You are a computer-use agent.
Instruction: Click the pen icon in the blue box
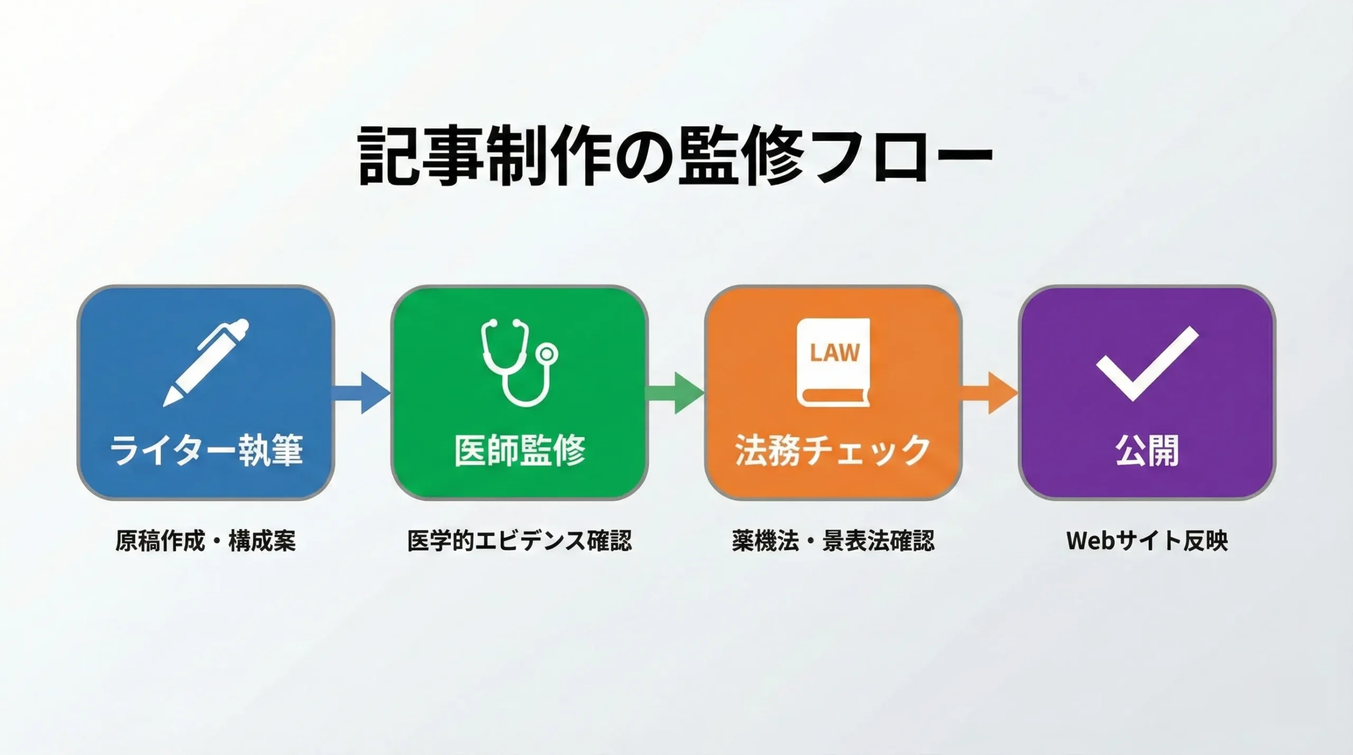pos(206,362)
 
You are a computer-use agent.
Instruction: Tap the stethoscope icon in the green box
pos(519,362)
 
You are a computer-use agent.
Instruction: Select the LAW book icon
pos(833,362)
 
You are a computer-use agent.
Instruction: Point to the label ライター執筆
pos(206,450)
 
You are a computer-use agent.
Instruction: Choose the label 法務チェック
pos(833,450)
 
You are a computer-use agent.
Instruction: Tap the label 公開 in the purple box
pos(1147,450)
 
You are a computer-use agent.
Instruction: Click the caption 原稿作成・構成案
pos(206,540)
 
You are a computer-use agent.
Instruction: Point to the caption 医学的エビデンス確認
pos(520,540)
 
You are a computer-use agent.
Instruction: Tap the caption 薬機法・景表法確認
pos(833,540)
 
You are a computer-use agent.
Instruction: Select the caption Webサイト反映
pos(1147,540)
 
